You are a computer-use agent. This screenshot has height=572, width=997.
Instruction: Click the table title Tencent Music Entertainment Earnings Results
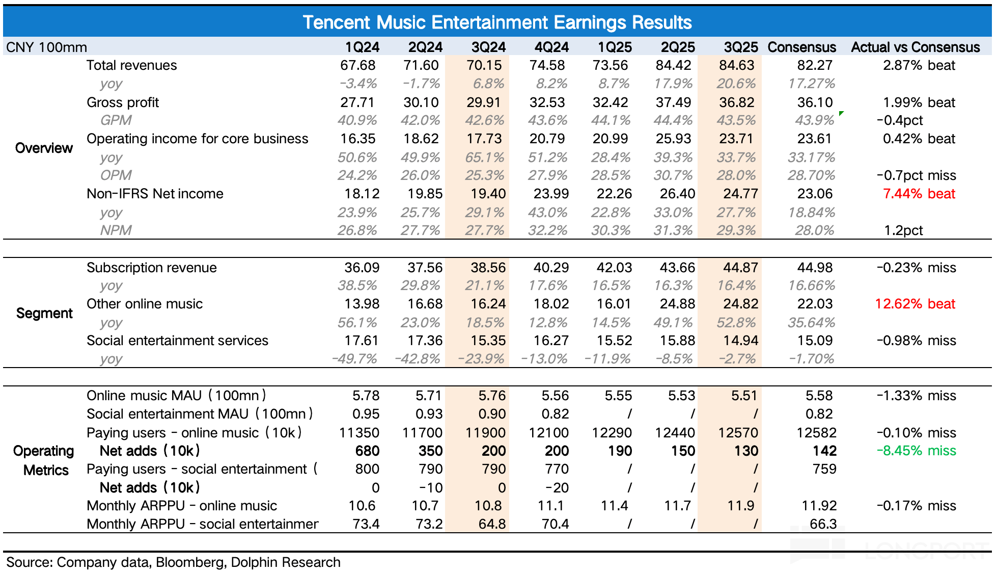497,22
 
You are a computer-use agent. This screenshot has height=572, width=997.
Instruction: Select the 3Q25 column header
741,47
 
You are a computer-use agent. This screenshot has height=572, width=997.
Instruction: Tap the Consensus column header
801,47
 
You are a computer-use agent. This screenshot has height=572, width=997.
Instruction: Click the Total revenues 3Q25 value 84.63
736,65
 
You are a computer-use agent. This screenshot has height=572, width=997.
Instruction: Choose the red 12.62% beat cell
915,304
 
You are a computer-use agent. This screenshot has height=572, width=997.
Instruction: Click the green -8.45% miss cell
916,451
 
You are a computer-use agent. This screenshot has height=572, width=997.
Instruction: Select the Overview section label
44,148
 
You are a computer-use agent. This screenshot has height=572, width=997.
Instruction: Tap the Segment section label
44,313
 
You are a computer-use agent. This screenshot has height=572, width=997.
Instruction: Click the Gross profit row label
123,102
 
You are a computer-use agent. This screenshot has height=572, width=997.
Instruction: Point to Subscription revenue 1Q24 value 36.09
362,268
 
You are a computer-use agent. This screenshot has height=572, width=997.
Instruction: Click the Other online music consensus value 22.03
815,304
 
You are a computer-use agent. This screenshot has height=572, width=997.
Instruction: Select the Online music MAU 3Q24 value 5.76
492,396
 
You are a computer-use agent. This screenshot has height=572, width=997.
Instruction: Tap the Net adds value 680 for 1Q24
367,451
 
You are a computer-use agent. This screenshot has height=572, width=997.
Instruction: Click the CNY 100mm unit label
46,47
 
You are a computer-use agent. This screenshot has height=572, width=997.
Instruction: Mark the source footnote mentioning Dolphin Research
173,562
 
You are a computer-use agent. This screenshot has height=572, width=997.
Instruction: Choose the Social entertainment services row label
177,341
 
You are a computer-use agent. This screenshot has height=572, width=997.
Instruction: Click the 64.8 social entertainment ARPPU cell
492,524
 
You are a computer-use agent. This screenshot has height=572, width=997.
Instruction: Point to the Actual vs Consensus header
915,47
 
